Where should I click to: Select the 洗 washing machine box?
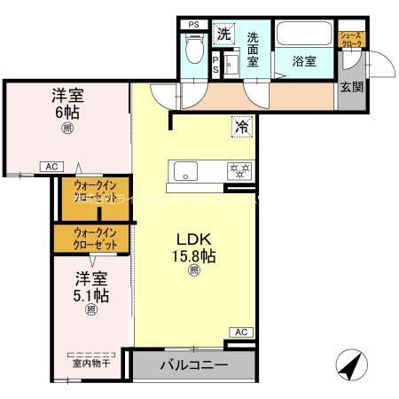point(223,34)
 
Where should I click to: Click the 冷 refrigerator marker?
point(241,127)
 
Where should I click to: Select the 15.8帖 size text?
point(193,257)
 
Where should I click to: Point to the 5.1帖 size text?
point(90,294)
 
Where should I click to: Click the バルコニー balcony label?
point(193,364)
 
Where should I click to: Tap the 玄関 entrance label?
point(352,86)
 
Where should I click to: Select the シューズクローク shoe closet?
point(352,41)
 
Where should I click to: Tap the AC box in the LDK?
point(239,332)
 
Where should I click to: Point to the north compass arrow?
point(348,364)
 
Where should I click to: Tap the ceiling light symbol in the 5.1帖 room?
point(90,310)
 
